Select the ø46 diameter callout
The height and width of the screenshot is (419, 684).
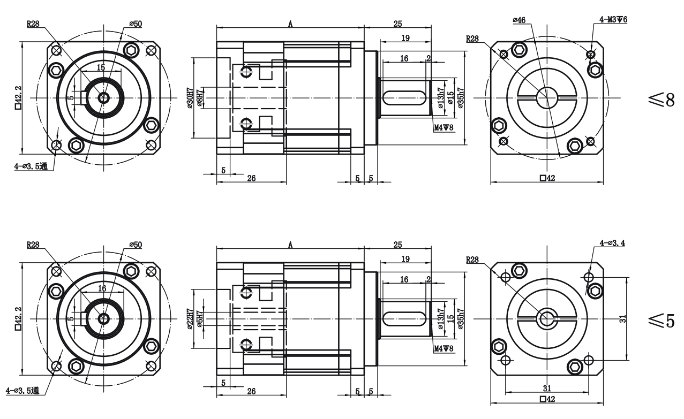pyautogui.click(x=518, y=20)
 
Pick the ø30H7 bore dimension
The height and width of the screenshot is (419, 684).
pyautogui.click(x=190, y=98)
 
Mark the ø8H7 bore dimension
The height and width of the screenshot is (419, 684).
pyautogui.click(x=199, y=98)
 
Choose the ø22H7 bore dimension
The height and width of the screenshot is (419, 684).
pyautogui.click(x=190, y=320)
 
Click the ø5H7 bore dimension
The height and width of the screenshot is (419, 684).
pyautogui.click(x=199, y=320)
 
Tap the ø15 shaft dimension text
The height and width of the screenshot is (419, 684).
pyautogui.click(x=450, y=98)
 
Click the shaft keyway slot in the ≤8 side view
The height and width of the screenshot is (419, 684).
pyautogui.click(x=405, y=98)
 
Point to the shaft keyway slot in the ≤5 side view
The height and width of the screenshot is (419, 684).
pyautogui.click(x=405, y=319)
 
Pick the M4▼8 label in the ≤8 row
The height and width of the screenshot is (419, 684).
pyautogui.click(x=444, y=127)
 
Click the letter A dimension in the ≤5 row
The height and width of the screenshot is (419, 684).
pyautogui.click(x=290, y=245)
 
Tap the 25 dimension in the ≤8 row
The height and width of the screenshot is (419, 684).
pyautogui.click(x=397, y=23)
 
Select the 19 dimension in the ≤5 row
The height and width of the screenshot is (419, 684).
pyautogui.click(x=406, y=258)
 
